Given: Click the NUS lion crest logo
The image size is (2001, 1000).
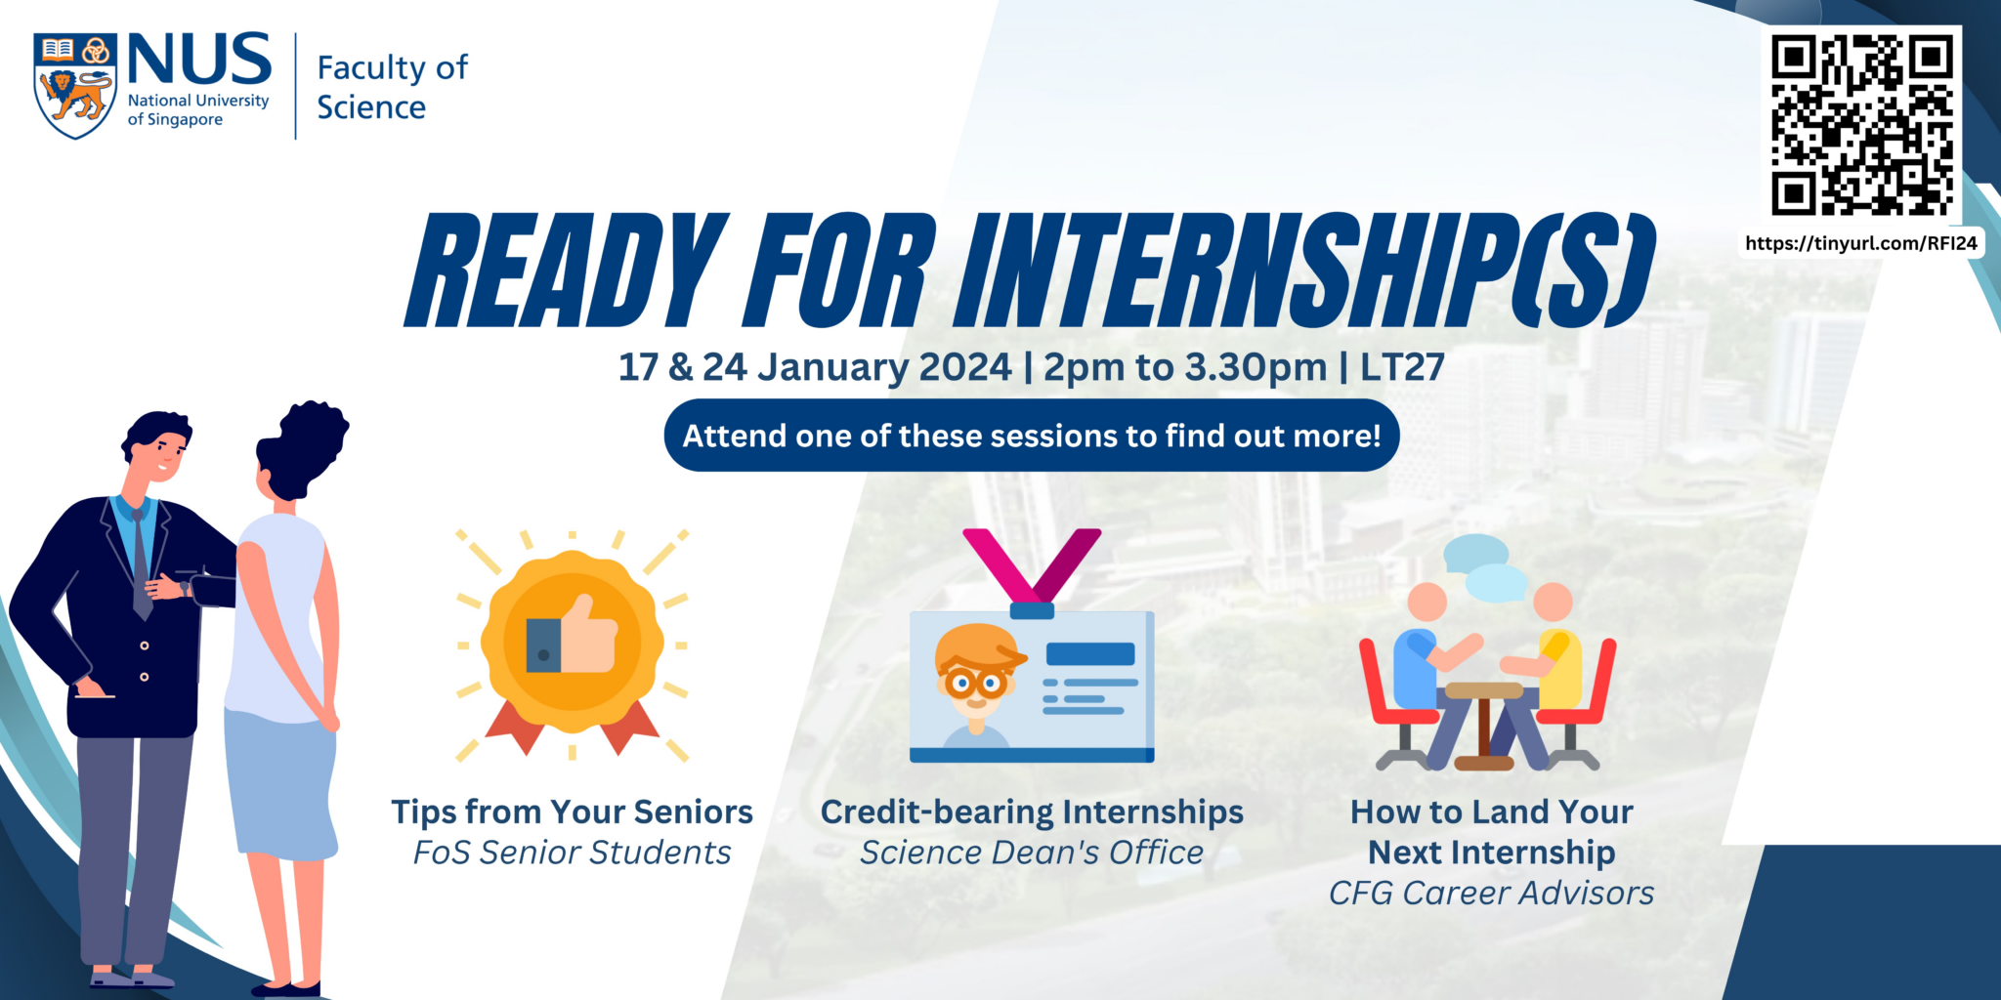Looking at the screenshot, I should click(75, 85).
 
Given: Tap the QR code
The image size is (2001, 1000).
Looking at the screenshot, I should click(1861, 124).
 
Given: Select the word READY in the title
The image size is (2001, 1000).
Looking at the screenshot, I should click(567, 271).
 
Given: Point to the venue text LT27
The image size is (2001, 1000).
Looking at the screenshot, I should click(1402, 367).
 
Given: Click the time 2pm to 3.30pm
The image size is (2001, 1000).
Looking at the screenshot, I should click(1184, 367).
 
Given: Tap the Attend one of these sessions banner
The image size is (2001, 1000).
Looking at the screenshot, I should click(1031, 436).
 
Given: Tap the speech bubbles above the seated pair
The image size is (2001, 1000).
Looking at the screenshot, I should click(1485, 567).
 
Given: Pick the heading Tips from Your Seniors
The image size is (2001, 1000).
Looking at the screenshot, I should click(572, 812).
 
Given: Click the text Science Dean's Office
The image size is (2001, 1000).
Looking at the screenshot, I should click(1031, 853).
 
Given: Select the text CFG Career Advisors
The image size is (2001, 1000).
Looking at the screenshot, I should click(1491, 893).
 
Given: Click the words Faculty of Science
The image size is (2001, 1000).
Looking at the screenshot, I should click(392, 87).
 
